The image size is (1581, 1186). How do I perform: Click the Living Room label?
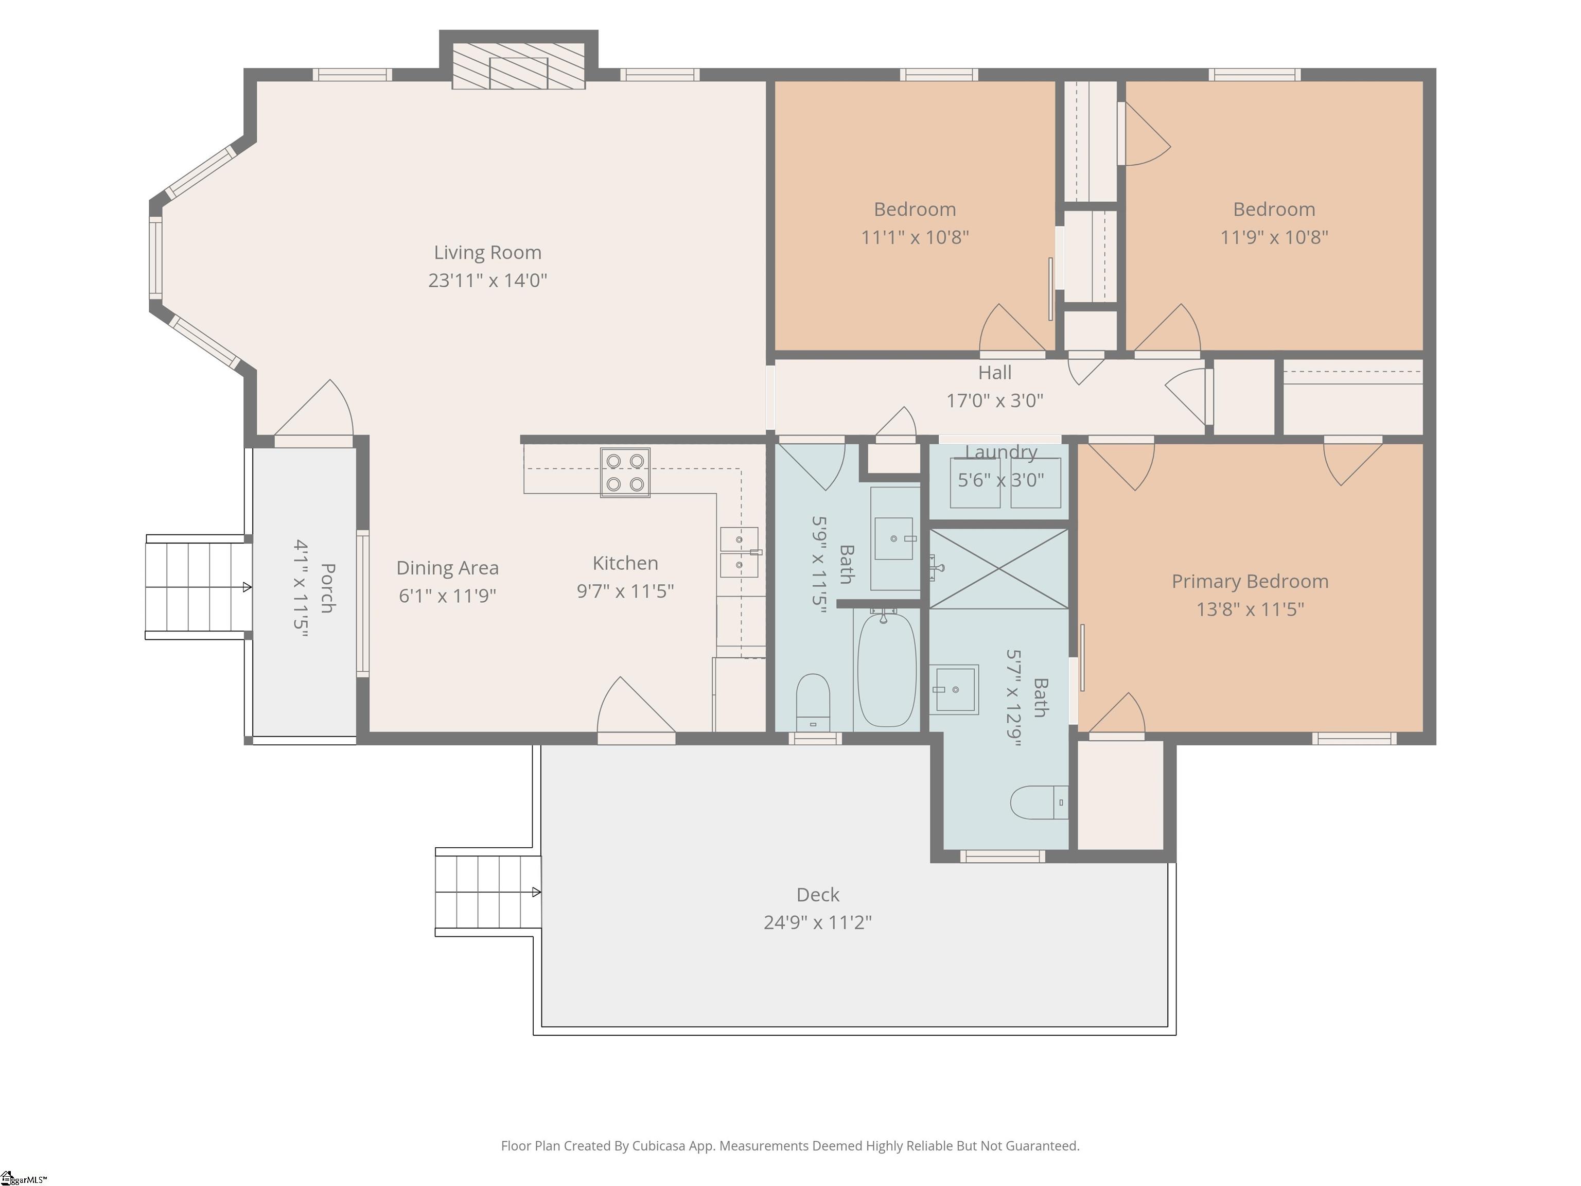tap(487, 252)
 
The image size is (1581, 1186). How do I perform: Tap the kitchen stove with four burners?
tap(625, 473)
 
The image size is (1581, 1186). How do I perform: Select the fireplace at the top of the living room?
tap(518, 66)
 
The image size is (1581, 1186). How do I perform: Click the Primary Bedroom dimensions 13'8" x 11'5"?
tap(1250, 609)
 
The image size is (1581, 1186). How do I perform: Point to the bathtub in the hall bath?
tap(886, 669)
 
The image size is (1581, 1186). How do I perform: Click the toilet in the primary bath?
tap(1039, 802)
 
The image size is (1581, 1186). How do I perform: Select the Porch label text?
tap(327, 588)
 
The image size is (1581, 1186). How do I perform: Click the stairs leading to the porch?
tap(199, 587)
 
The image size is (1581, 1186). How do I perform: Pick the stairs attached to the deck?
tap(488, 892)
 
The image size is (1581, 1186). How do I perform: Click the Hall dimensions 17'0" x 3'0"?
tap(995, 400)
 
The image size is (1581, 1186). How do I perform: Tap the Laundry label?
tap(1000, 452)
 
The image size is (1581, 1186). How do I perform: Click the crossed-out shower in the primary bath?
tap(998, 569)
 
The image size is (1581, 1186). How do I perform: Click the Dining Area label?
tap(447, 568)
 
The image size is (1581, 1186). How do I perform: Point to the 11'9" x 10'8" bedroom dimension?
tap(1274, 237)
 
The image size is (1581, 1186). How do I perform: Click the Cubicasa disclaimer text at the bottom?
tap(790, 1145)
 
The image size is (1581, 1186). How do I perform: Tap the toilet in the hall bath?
tap(813, 701)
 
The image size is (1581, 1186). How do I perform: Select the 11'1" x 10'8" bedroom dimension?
tap(915, 237)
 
